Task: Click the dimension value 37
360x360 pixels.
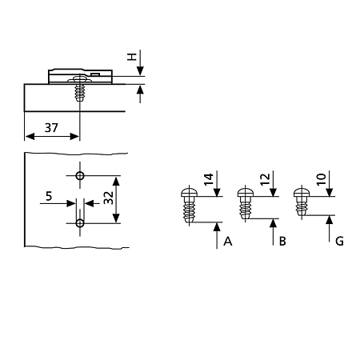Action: click(x=51, y=128)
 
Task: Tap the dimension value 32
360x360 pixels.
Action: click(x=109, y=198)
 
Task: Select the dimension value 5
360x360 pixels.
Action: click(x=49, y=196)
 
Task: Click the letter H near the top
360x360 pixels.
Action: click(x=132, y=57)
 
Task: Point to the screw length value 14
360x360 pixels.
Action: click(x=209, y=179)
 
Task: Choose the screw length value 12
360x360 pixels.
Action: click(x=265, y=179)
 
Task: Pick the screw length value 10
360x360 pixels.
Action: click(x=321, y=179)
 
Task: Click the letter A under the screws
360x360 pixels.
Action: click(x=228, y=242)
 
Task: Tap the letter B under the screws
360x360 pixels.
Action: click(x=282, y=242)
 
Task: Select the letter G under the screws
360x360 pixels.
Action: click(x=339, y=242)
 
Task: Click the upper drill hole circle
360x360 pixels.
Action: click(x=80, y=176)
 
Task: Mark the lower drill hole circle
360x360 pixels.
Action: click(x=80, y=223)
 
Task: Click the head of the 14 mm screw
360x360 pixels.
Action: click(x=189, y=193)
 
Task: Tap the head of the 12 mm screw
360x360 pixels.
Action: click(x=246, y=193)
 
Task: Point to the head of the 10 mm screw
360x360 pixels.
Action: click(x=302, y=193)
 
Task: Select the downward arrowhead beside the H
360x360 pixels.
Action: click(x=140, y=71)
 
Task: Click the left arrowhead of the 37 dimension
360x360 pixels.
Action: click(x=30, y=137)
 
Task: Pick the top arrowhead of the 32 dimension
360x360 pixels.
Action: click(x=116, y=182)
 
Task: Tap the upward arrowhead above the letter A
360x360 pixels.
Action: click(x=217, y=227)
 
